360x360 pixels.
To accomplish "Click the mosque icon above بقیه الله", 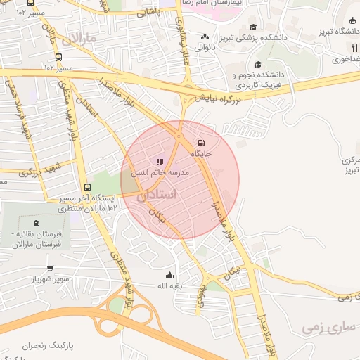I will click(169, 275).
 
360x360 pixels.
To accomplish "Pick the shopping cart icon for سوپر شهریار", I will click(50, 268).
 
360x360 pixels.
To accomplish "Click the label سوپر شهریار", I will click(49, 279).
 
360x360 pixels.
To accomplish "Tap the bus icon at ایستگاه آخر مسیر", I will click(87, 187).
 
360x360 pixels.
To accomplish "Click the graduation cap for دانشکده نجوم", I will click(258, 64).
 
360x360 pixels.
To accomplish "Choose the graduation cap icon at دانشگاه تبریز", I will click(351, 21).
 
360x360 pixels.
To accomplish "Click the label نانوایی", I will click(205, 47).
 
